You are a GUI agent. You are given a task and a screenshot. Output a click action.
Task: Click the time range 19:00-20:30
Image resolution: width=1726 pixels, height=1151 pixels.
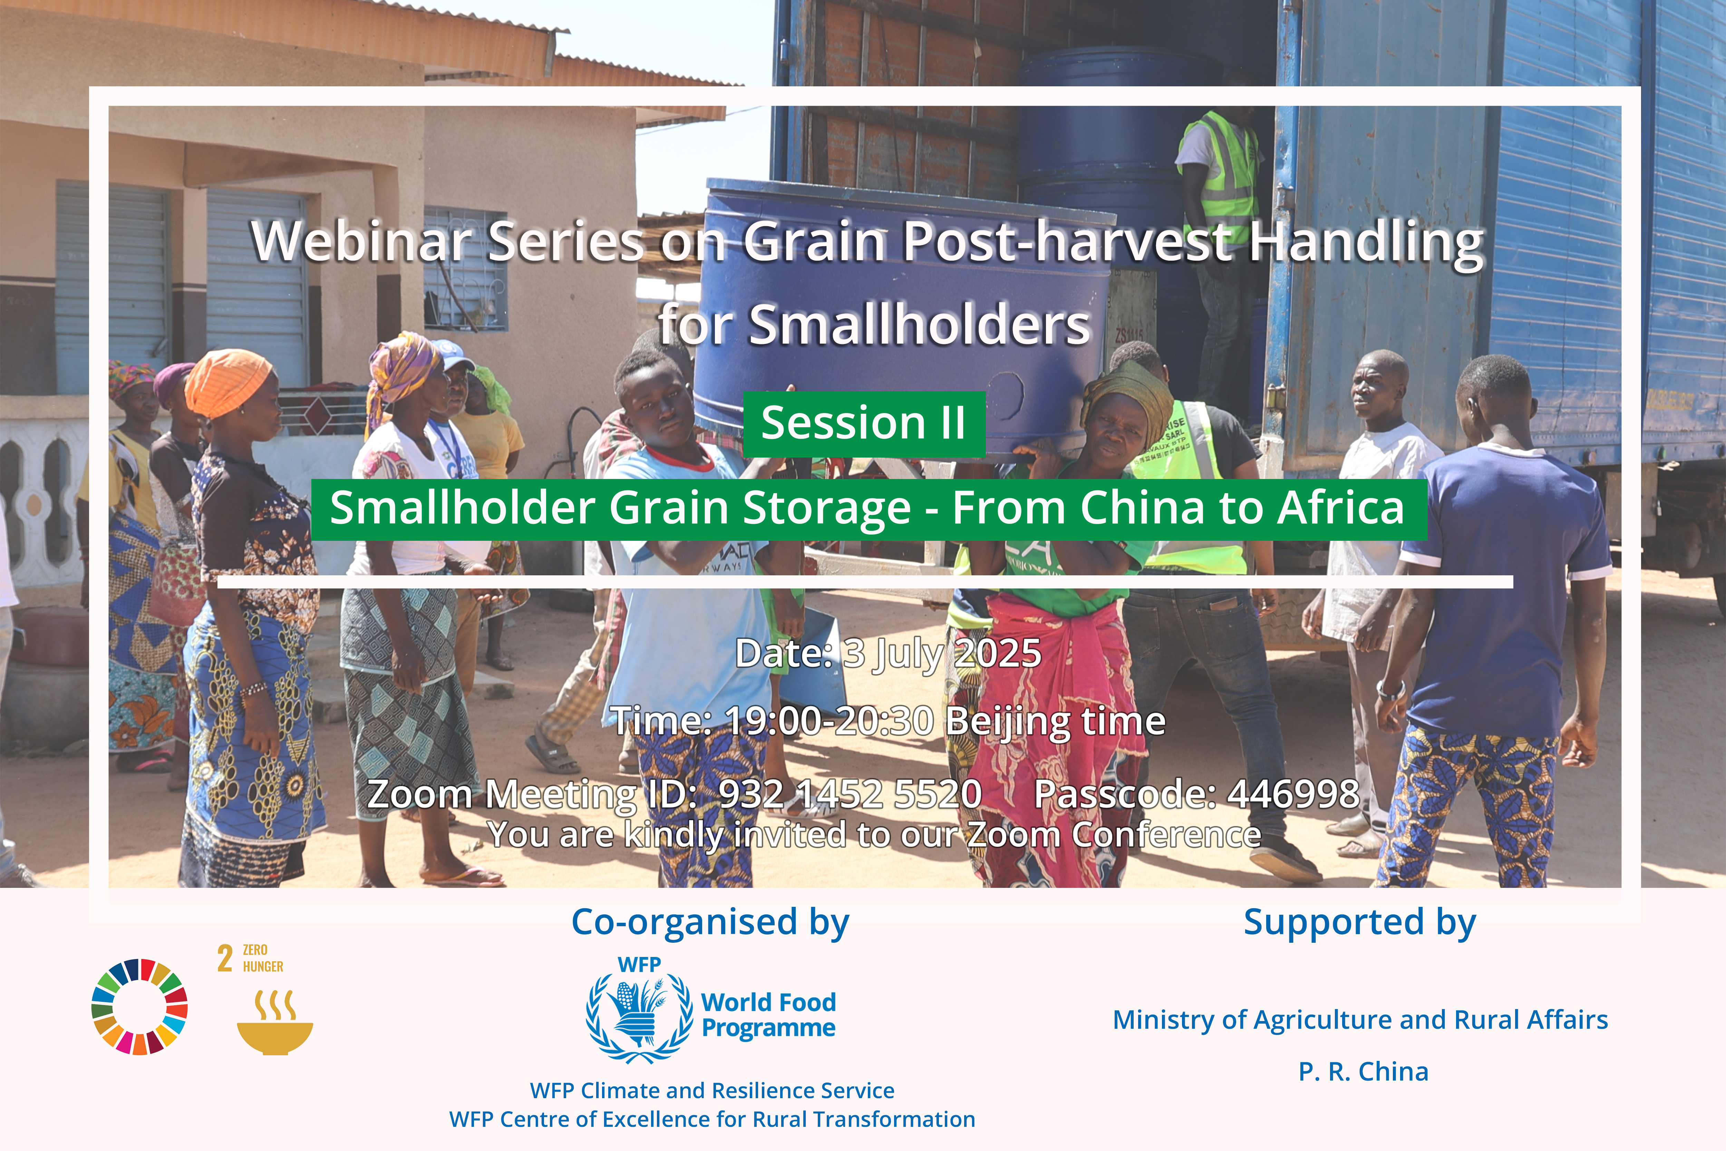pos(829,721)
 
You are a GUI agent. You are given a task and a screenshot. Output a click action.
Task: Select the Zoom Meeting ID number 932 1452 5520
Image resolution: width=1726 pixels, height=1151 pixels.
pos(850,794)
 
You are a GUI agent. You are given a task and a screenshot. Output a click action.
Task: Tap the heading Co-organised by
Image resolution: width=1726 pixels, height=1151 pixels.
pos(710,923)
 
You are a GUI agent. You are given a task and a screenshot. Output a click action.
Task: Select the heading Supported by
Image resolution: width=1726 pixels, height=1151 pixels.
pos(1360,923)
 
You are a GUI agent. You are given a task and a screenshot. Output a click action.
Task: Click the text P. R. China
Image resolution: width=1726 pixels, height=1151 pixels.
pos(1364,1072)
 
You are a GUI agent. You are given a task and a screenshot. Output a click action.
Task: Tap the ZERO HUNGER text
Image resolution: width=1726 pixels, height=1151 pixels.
pos(263,958)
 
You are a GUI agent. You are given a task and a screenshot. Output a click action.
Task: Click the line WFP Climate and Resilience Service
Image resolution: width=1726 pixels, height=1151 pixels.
pos(712,1091)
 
